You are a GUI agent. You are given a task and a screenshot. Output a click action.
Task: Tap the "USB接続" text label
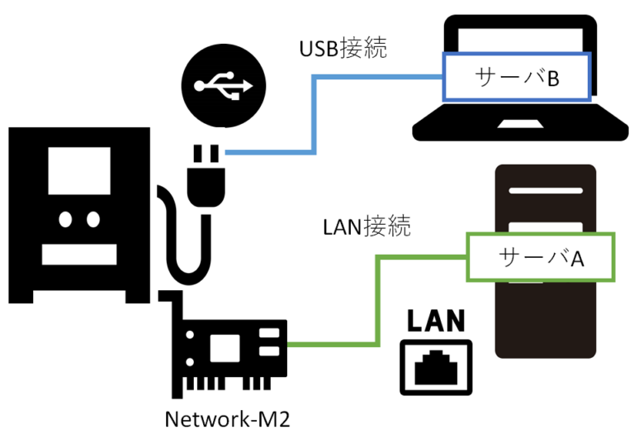coord(343,48)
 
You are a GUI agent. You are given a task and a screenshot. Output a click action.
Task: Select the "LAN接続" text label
coord(367,225)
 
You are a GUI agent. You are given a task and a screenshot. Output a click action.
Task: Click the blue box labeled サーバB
coord(517,78)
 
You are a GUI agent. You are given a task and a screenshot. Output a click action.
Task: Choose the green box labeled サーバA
coord(541,257)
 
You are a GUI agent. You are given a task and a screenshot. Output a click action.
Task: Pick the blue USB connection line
coord(315,116)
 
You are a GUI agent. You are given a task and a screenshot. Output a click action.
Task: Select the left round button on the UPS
coord(66,219)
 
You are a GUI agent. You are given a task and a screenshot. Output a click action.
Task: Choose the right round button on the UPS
coord(92,219)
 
